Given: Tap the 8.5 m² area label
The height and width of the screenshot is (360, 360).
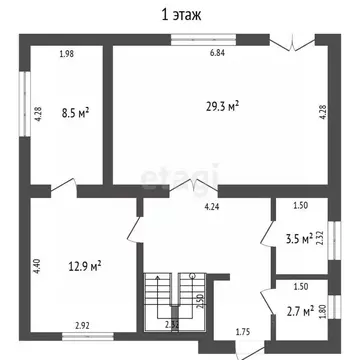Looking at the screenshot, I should coord(75,114).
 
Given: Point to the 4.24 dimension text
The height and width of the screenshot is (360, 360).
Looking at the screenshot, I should coord(212,207).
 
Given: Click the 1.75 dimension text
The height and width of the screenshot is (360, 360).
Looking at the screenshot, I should coord(243,331).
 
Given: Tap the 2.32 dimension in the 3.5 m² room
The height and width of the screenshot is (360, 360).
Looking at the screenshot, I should coord(320,238).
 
